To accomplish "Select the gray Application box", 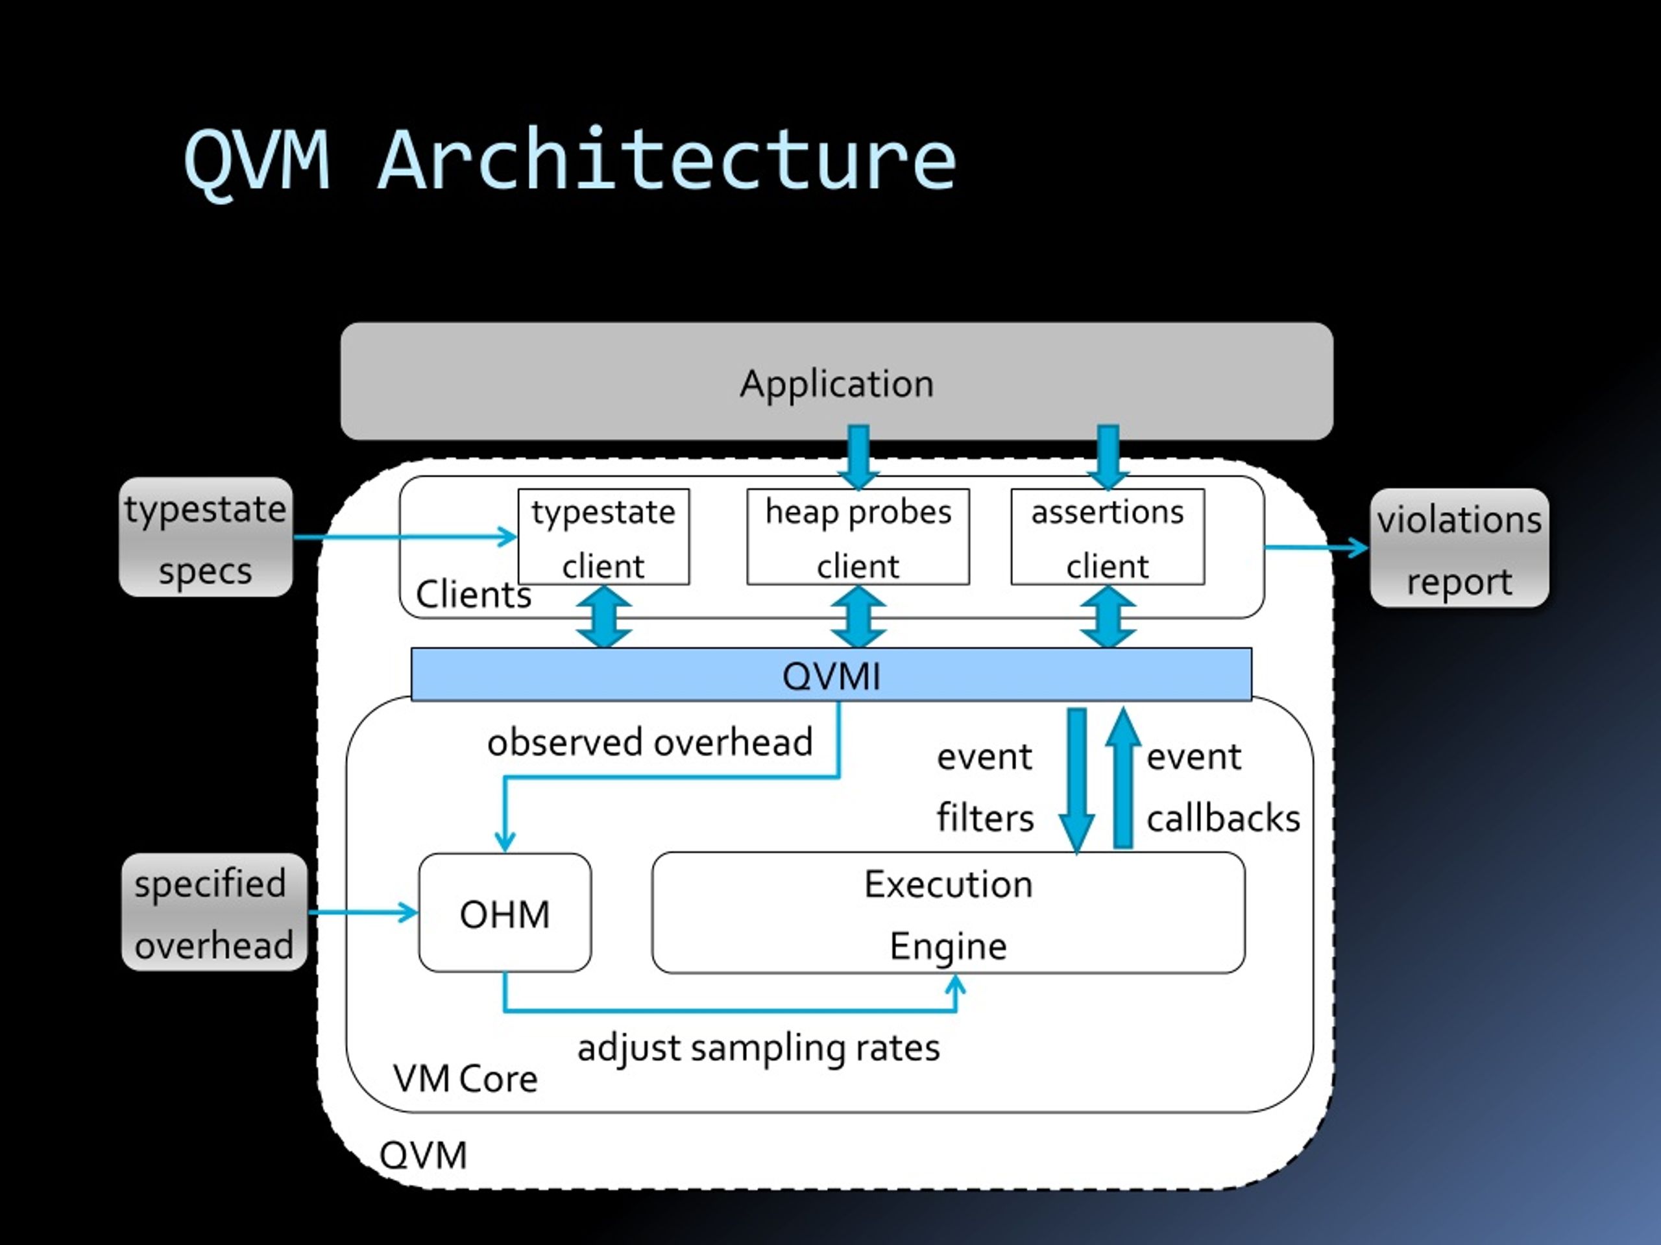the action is [836, 381].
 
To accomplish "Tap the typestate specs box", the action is [206, 538].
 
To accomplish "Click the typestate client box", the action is [603, 536].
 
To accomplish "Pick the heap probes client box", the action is [858, 536].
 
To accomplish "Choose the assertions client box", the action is [1108, 536].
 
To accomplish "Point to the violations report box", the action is [1459, 548].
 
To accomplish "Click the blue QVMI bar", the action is [831, 674].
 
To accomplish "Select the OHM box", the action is [505, 912].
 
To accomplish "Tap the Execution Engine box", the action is [949, 912].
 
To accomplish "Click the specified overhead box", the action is [214, 912].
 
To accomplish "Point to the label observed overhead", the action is [650, 742].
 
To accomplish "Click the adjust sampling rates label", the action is [758, 1049].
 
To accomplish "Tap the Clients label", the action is [473, 595].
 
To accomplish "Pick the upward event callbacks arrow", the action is [1122, 777].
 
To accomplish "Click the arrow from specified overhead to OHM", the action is [363, 912].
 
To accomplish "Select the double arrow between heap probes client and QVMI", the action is [858, 616].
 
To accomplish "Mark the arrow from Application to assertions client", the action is [1108, 457].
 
